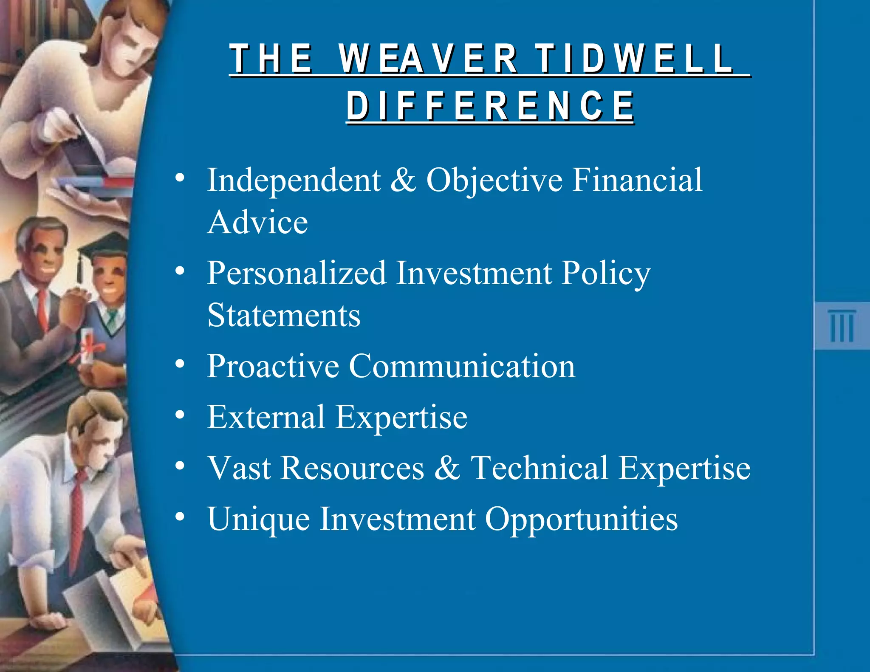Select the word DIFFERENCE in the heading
(490, 106)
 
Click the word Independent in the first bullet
(294, 180)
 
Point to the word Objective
(494, 181)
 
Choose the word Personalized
(297, 274)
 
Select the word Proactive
(273, 366)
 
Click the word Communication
(462, 366)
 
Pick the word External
(266, 417)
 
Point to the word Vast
(239, 468)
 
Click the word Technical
(540, 468)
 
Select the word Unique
(258, 519)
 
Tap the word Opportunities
(581, 519)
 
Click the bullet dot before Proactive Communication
(180, 364)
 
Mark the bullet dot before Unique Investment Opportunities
(180, 517)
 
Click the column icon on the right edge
(842, 326)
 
